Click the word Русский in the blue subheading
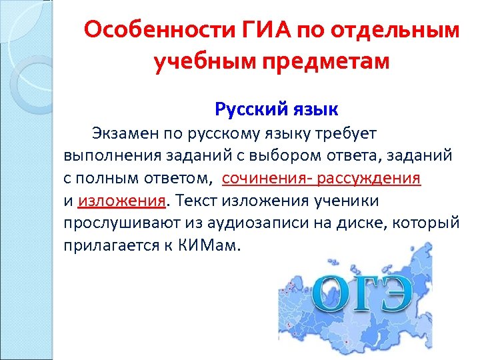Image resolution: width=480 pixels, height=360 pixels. click(243, 108)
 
